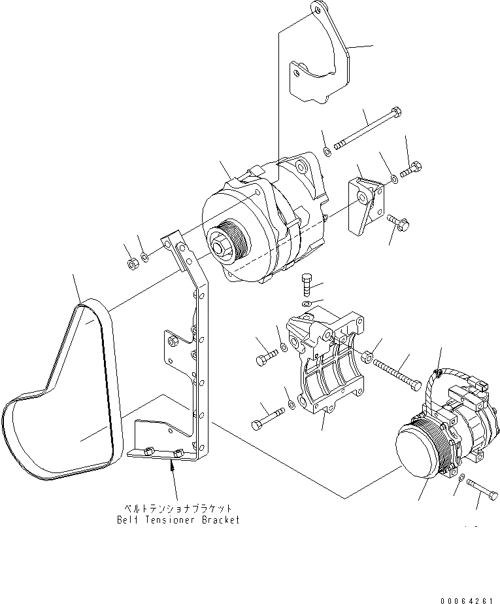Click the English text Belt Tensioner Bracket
tap(178, 520)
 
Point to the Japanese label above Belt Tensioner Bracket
tap(178, 508)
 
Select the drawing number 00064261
tap(467, 597)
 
